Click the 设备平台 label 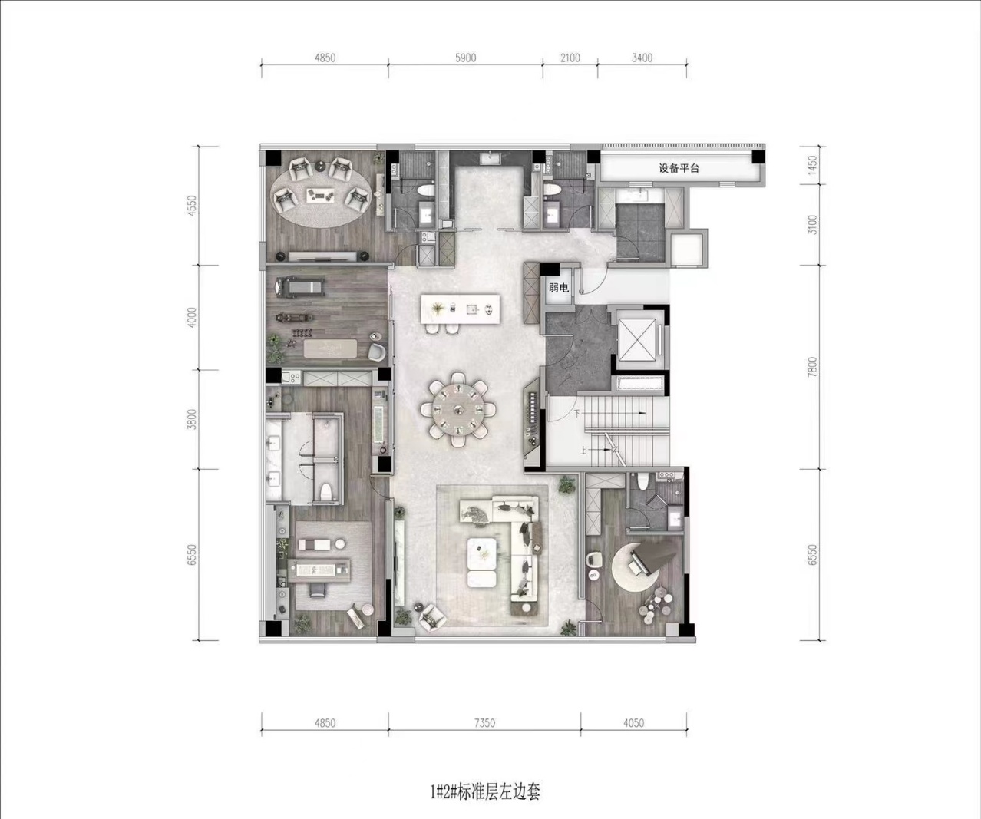tap(679, 168)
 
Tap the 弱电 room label tap(559, 288)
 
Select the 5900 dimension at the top tap(466, 58)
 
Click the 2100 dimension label tap(570, 58)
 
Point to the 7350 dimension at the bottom tap(484, 723)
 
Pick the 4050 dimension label tap(633, 723)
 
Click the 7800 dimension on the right tap(812, 367)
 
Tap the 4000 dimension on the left tap(193, 318)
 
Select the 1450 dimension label tap(812, 165)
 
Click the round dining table tap(457, 410)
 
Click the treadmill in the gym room tap(299, 287)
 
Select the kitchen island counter tap(461, 309)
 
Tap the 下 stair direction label tap(577, 414)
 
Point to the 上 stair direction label tap(583, 450)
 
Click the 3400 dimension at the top tap(642, 58)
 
